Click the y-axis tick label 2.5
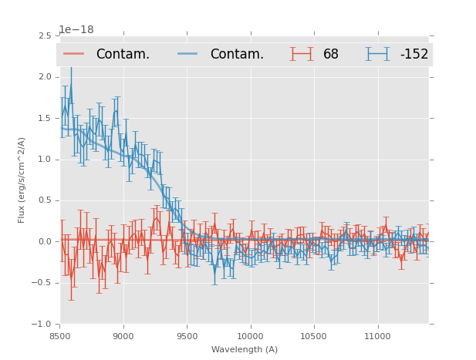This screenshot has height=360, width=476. coord(44,35)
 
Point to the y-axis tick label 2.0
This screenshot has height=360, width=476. coord(44,77)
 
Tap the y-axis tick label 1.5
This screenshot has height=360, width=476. coord(44,118)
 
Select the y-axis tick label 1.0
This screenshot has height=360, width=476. coord(44,160)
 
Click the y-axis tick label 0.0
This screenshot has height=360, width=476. coord(44,242)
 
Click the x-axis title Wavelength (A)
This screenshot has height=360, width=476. coord(245,349)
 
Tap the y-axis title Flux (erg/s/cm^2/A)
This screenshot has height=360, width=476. coord(22,180)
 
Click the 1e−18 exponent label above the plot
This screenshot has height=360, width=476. coord(76,30)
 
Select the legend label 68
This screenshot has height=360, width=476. coord(331,55)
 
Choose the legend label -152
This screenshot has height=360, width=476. coord(414,55)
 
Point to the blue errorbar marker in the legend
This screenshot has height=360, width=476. coord(378,54)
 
